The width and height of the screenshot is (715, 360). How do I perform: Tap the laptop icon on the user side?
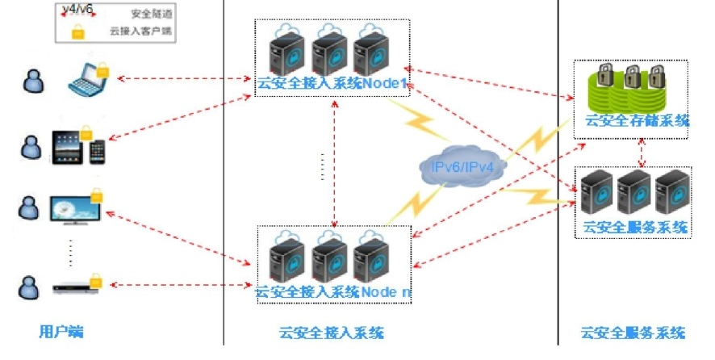[x=86, y=77]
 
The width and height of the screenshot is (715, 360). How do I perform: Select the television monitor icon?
[x=75, y=207]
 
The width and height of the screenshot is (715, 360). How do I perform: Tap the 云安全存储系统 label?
[x=637, y=121]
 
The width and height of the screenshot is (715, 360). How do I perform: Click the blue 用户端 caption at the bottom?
[x=61, y=332]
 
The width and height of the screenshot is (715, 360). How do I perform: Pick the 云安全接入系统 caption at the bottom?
[x=331, y=332]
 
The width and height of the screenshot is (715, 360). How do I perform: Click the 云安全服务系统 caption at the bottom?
[x=633, y=332]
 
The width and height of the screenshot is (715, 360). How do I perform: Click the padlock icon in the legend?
[x=77, y=32]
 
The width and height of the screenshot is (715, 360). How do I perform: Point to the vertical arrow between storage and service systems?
[x=642, y=151]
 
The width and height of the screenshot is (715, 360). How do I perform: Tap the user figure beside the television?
[x=29, y=207]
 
